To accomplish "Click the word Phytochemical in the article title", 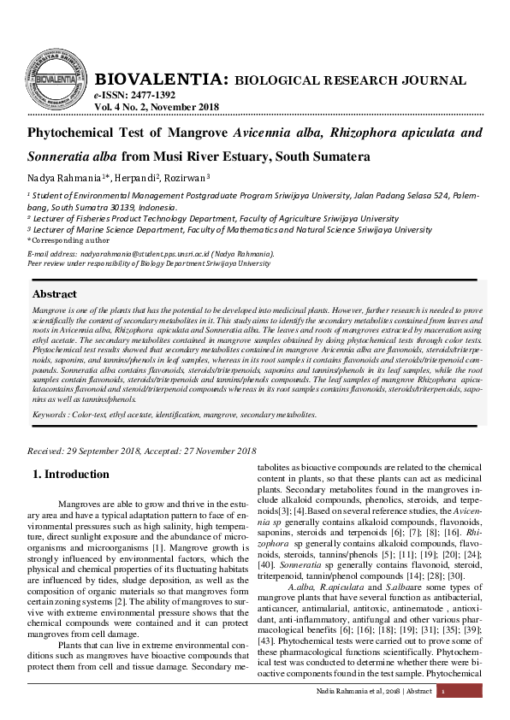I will [x=74, y=133].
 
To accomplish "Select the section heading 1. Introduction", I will [x=70, y=474].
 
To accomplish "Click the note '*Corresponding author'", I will [x=62, y=240].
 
